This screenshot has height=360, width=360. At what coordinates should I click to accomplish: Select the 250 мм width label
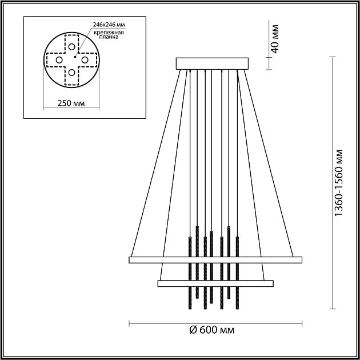point(71,104)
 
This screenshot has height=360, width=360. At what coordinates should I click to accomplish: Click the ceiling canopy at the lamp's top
point(213,63)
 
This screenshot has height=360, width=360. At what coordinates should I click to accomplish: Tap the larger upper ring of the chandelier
point(215,260)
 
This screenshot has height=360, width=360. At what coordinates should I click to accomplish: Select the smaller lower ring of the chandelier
point(215,282)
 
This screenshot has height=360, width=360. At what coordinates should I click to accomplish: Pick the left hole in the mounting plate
point(59,59)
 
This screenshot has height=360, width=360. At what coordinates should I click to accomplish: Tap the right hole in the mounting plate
point(84,59)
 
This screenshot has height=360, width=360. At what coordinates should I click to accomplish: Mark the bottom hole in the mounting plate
point(71,72)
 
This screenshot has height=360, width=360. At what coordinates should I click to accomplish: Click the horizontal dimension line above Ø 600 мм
point(215,323)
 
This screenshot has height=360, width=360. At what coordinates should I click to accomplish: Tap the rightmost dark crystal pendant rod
point(238,269)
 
